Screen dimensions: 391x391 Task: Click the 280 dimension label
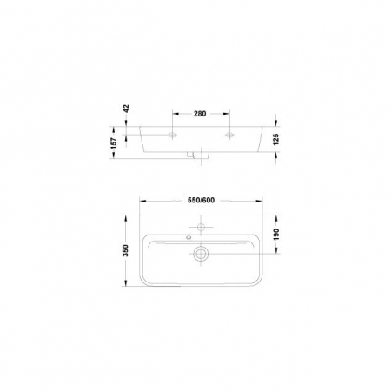201,113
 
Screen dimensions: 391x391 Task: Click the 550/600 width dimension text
201,200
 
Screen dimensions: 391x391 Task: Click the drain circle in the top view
201,254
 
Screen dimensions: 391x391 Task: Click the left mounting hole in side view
172,136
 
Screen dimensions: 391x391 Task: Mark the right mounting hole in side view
230,136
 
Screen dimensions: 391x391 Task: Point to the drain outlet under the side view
201,157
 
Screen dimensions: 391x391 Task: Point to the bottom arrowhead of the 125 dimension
276,155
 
